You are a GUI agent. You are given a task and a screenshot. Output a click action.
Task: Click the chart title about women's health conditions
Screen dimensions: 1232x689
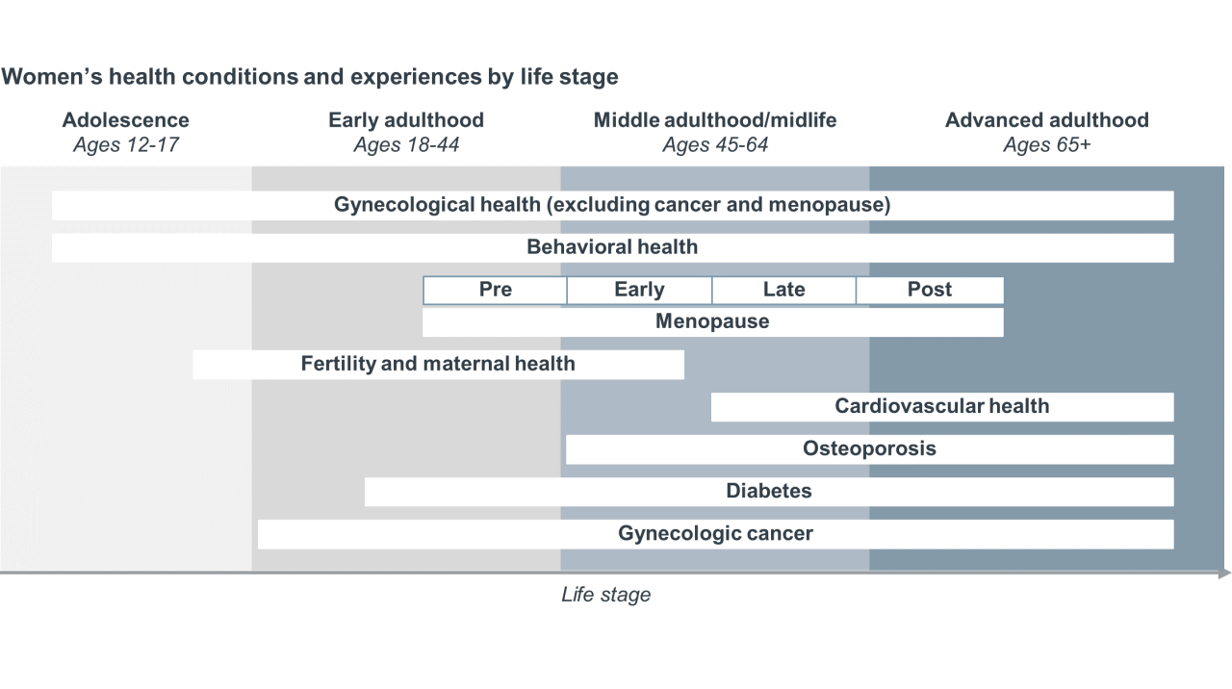tap(310, 76)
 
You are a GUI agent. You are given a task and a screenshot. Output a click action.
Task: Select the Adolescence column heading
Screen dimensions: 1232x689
tap(125, 120)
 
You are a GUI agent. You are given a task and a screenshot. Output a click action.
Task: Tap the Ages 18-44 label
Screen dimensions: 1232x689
tap(406, 144)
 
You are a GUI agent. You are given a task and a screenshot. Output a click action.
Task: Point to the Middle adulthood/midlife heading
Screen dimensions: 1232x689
tap(715, 120)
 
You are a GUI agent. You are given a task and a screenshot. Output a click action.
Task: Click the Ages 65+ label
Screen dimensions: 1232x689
tap(1046, 144)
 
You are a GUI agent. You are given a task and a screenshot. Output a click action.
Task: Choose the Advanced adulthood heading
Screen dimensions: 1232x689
tap(1046, 120)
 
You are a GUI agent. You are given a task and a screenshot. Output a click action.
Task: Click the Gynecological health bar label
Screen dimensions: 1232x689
tap(612, 205)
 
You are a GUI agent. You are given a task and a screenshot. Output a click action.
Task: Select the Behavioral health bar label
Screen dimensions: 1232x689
tap(612, 247)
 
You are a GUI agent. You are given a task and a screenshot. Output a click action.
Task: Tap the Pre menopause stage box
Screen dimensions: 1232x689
tap(495, 290)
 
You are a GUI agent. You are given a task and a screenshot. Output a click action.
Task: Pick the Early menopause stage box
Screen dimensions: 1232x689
tap(639, 290)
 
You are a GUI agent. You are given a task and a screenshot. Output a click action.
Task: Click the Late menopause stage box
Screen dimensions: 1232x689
tap(783, 290)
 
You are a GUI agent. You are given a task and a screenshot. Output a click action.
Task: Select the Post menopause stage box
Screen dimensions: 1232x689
tap(930, 290)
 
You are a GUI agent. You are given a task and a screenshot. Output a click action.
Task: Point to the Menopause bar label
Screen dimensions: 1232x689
tap(712, 321)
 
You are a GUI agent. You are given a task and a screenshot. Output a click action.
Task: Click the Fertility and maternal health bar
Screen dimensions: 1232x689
tap(438, 364)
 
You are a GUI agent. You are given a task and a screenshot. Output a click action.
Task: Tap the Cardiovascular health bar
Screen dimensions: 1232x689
tap(942, 407)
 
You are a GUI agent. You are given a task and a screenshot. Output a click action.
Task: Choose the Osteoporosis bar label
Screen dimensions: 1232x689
tap(869, 448)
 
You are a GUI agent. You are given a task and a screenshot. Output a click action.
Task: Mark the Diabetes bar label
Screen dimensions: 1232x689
tap(769, 491)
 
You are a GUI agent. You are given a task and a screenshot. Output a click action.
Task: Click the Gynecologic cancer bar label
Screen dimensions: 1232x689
tap(715, 533)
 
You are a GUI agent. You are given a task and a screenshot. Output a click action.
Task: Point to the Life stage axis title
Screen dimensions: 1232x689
tap(606, 595)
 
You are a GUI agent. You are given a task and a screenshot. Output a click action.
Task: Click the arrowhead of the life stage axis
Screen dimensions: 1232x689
tap(1225, 574)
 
